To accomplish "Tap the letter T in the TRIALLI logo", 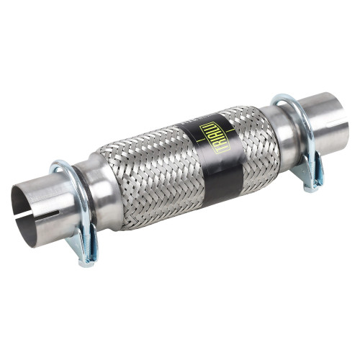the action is (220, 150).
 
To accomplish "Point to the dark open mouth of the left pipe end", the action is (24, 214).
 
